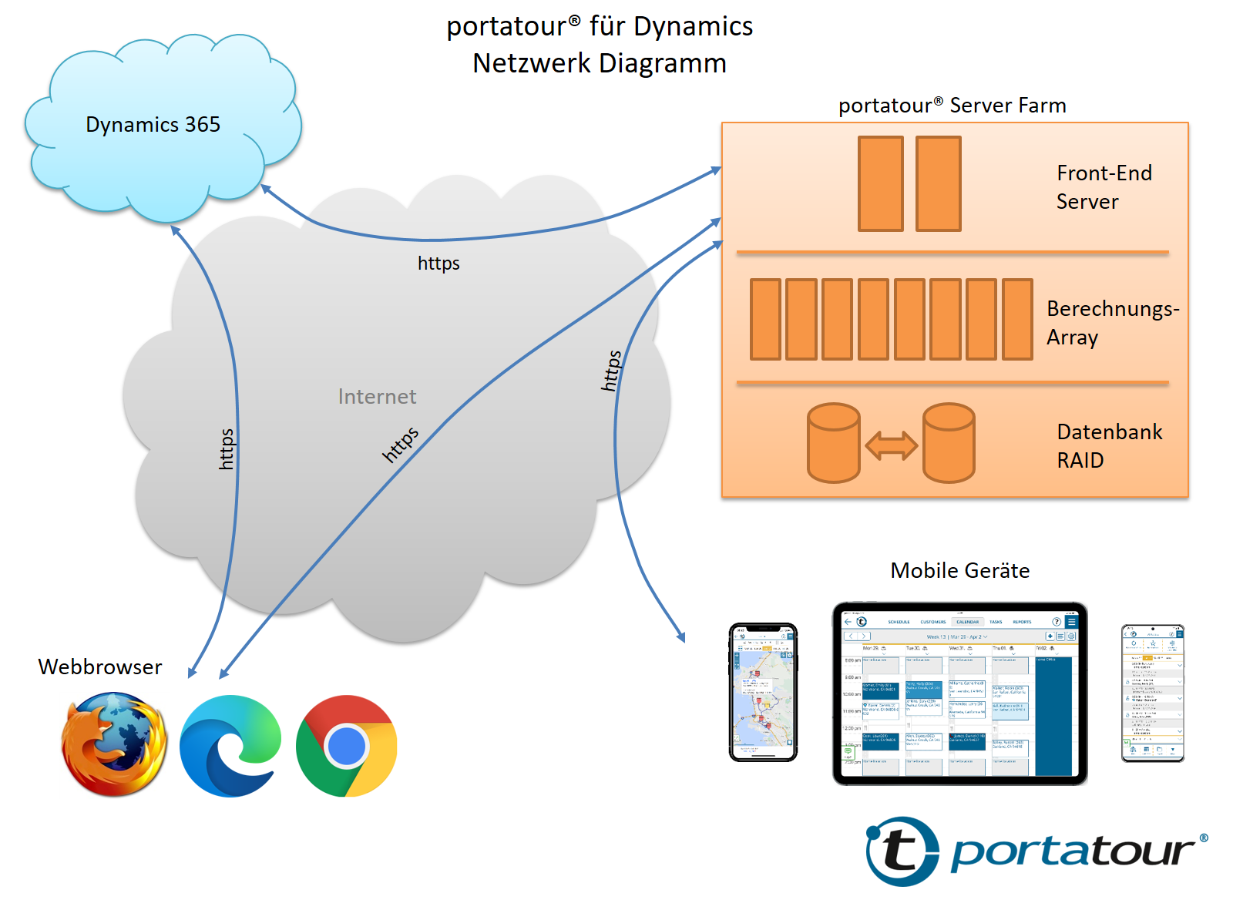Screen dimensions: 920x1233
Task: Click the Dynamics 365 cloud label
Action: tap(153, 125)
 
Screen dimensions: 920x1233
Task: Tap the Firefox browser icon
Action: tap(114, 744)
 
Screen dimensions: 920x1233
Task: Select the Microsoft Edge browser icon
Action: tap(230, 746)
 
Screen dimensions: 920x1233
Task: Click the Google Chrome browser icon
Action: tap(346, 746)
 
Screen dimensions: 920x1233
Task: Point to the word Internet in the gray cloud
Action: tap(377, 397)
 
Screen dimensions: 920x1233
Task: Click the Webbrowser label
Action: tap(100, 667)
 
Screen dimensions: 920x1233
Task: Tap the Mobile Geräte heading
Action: tap(959, 571)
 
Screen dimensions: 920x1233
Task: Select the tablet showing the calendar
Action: tap(959, 693)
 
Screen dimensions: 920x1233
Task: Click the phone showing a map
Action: tap(763, 692)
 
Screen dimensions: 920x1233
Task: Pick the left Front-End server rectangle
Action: tap(880, 183)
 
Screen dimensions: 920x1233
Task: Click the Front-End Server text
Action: tap(1103, 187)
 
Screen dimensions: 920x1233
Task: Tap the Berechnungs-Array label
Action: tap(1111, 323)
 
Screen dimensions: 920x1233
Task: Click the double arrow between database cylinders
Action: tap(891, 445)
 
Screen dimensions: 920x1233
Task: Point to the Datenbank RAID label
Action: tap(1108, 446)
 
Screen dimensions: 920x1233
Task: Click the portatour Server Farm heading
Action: tap(952, 106)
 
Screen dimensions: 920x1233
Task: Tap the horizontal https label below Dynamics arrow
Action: tap(438, 264)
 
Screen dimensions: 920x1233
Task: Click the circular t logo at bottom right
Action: tap(902, 851)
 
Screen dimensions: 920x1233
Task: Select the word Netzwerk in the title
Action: tap(531, 63)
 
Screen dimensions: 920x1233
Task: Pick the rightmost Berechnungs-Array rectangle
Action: tap(1017, 319)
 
